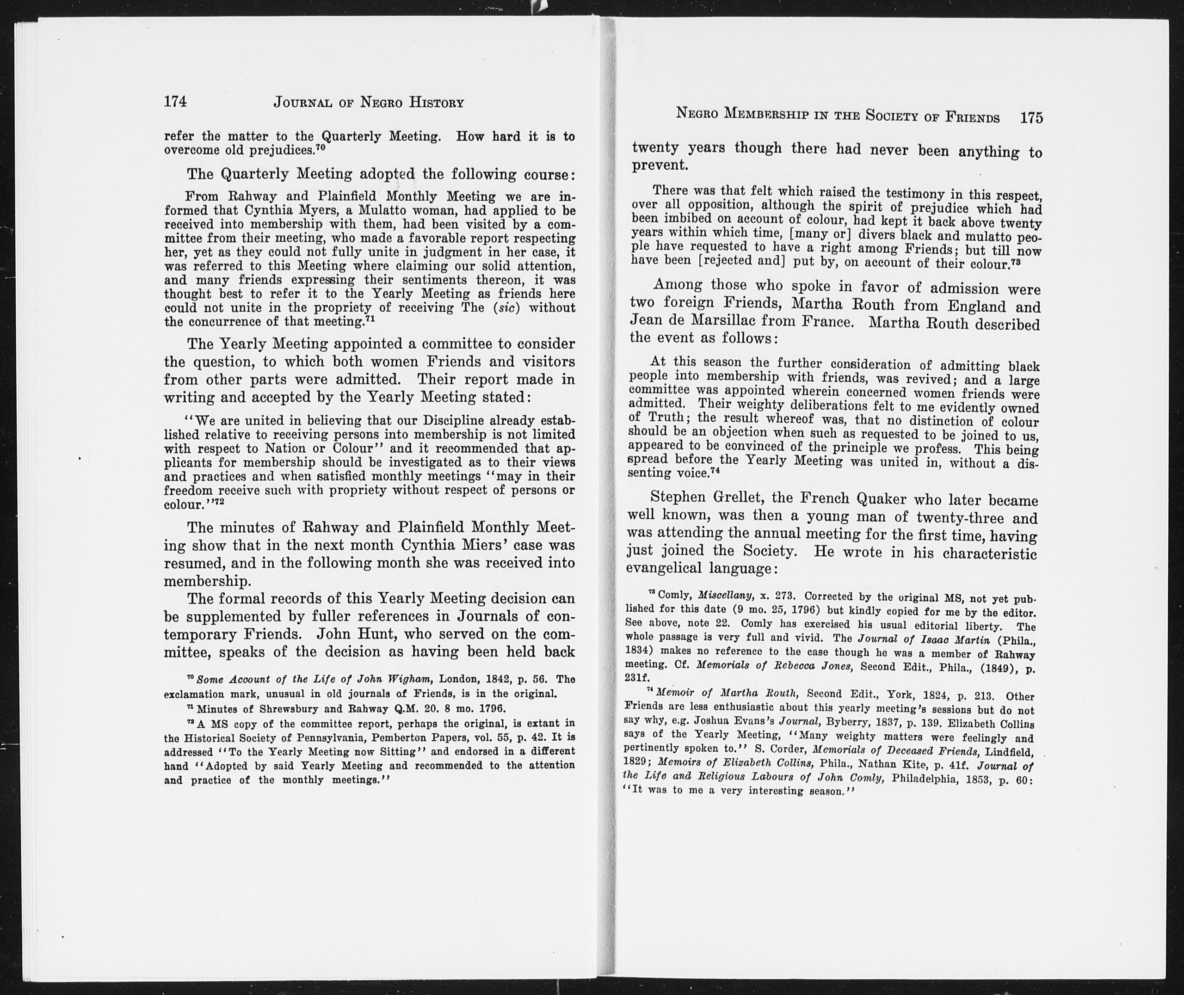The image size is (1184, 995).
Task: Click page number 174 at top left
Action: [x=175, y=102]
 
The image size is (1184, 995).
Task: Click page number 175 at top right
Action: [x=1031, y=118]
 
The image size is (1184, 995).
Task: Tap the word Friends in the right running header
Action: [x=973, y=118]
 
